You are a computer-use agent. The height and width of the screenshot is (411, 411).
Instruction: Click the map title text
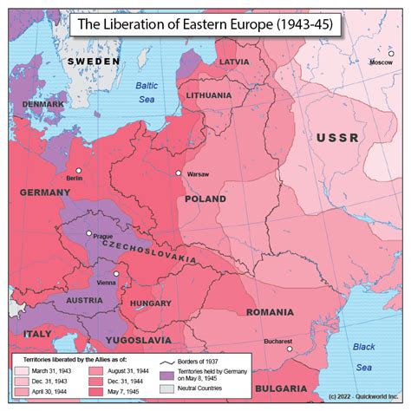205,25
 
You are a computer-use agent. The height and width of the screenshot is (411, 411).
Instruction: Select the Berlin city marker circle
79,170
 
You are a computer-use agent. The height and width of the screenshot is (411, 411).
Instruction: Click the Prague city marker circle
88,232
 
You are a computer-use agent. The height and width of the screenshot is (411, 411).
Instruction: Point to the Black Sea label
364,354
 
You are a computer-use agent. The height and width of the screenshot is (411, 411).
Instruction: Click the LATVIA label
234,62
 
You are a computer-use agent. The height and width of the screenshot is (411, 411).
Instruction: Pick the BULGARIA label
280,388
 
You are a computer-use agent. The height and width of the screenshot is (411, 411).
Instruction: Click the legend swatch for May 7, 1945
95,391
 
